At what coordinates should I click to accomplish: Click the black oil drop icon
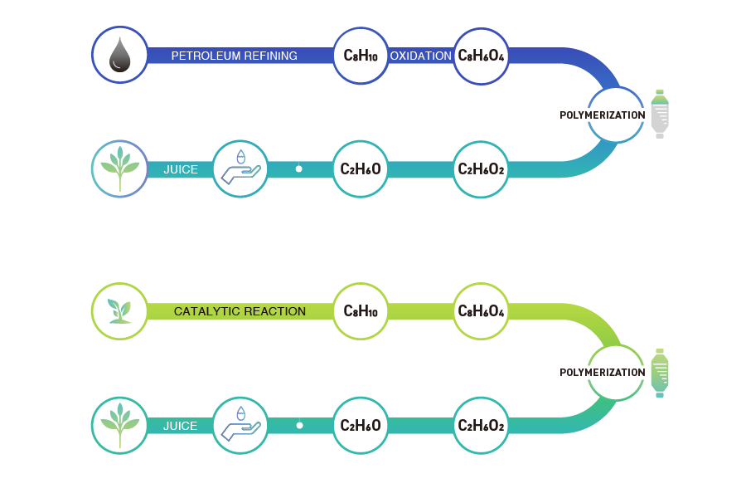(119, 56)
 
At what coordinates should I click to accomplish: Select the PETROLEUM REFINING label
(234, 56)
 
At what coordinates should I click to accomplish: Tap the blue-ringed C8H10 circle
(361, 56)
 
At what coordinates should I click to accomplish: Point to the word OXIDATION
(420, 56)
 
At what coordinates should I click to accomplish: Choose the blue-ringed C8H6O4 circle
(482, 56)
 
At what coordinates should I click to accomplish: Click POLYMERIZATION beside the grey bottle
(602, 115)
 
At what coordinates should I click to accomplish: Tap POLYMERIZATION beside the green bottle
(602, 373)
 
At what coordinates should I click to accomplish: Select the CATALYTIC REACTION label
(240, 312)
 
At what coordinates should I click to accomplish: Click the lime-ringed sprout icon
(119, 311)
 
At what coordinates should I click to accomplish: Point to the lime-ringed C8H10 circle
(361, 311)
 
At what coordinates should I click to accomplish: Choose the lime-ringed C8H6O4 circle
(482, 311)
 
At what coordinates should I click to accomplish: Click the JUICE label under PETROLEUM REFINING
(180, 169)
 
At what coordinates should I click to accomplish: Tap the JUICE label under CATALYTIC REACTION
(180, 426)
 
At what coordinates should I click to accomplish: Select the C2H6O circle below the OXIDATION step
(361, 169)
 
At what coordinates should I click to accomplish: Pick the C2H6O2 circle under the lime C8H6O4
(482, 426)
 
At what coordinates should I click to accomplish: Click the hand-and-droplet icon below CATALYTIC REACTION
(240, 425)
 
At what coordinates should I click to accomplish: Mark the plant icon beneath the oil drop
(119, 168)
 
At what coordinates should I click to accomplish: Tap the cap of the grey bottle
(659, 92)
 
